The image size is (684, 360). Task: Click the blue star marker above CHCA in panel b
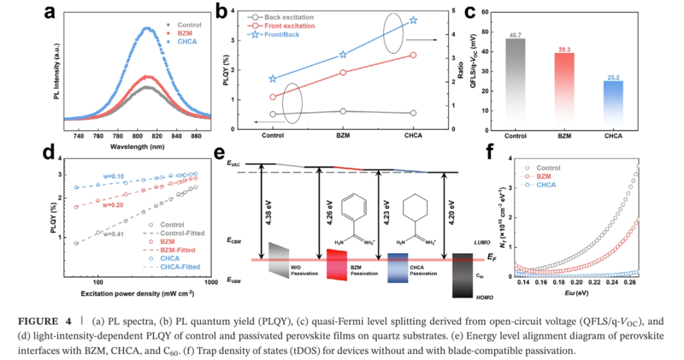click(x=412, y=20)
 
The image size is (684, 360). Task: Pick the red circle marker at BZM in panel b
click(x=343, y=72)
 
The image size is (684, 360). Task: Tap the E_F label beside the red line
click(x=483, y=256)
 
